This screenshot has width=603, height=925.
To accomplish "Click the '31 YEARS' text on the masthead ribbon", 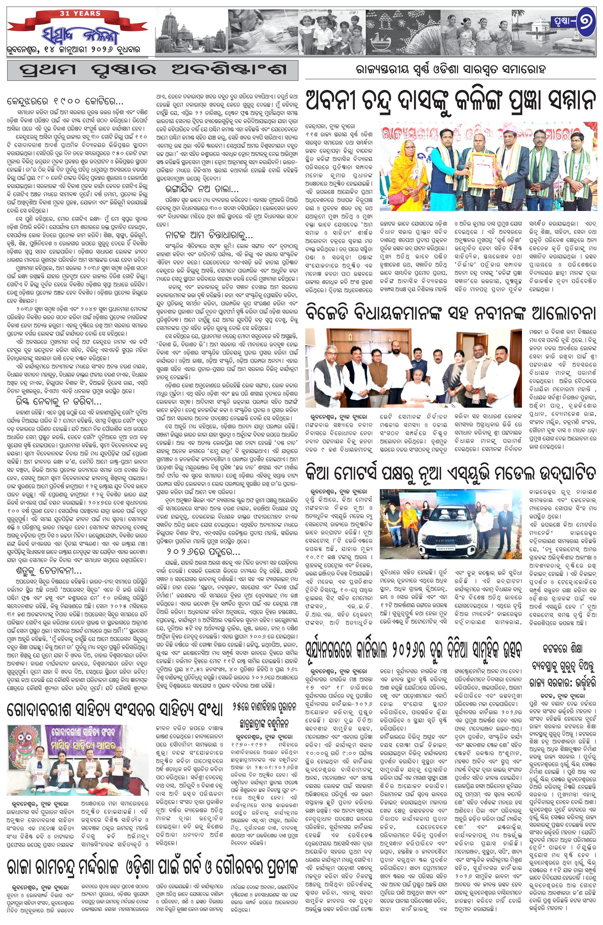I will click(80, 14).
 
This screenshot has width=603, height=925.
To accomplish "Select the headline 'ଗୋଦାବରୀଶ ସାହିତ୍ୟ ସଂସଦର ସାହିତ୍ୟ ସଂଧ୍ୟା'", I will click(115, 709).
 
